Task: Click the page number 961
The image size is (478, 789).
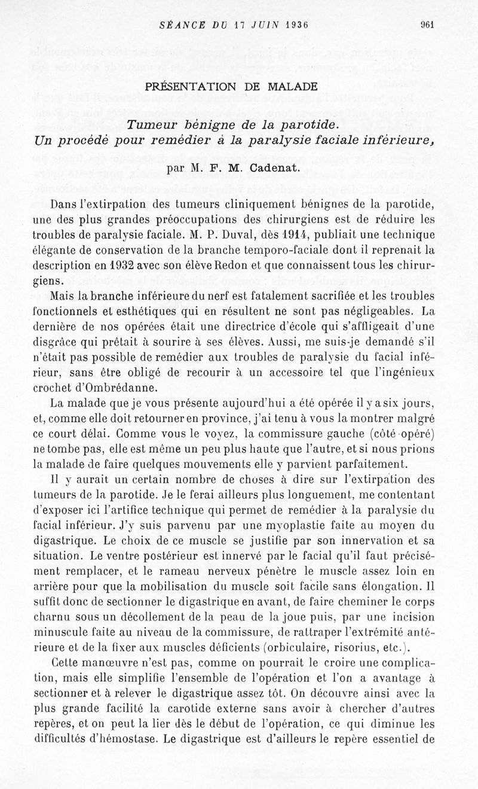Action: [x=427, y=25]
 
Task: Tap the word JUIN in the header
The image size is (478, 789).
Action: [x=255, y=25]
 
